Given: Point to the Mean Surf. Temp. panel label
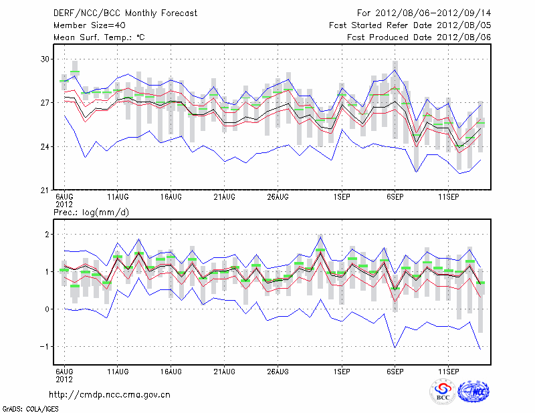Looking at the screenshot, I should click(x=99, y=37).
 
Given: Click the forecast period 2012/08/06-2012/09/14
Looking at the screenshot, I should click(x=424, y=13).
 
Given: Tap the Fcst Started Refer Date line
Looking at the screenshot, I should click(x=410, y=25).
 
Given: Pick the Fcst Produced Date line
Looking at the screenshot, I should click(x=419, y=37).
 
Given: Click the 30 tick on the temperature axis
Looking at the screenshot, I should click(x=45, y=59).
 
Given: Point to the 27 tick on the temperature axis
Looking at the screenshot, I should click(x=45, y=103).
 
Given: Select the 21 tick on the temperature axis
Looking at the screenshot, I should click(x=45, y=190).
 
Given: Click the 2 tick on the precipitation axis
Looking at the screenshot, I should click(x=47, y=235).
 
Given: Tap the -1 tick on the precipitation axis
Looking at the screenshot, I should click(x=45, y=346).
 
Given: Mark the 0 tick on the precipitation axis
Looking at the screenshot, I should click(x=47, y=309).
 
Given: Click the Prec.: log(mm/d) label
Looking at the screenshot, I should click(x=91, y=213).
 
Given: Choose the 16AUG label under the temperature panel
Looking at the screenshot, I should click(x=171, y=198).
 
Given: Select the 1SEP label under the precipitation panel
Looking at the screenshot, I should click(x=342, y=371).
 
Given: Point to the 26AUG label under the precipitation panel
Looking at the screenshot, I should click(x=278, y=371).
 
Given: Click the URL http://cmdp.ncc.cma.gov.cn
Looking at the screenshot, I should click(x=110, y=394).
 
